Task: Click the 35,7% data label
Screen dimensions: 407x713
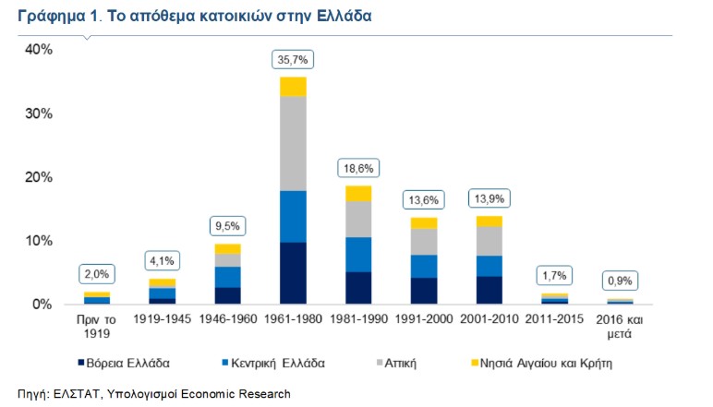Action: pos(293,60)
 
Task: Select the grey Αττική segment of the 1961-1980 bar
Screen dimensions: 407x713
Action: pos(293,143)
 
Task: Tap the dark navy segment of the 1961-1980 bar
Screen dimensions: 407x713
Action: pos(293,273)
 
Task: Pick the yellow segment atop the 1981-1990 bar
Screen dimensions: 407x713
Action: pos(358,193)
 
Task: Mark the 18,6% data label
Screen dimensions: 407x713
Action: pos(358,169)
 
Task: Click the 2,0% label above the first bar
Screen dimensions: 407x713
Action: pos(96,274)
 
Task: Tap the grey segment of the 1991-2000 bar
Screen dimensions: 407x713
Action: pos(424,242)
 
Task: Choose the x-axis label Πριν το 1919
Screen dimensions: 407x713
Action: pos(96,327)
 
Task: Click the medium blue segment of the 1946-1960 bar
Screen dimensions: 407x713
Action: pos(227,277)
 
